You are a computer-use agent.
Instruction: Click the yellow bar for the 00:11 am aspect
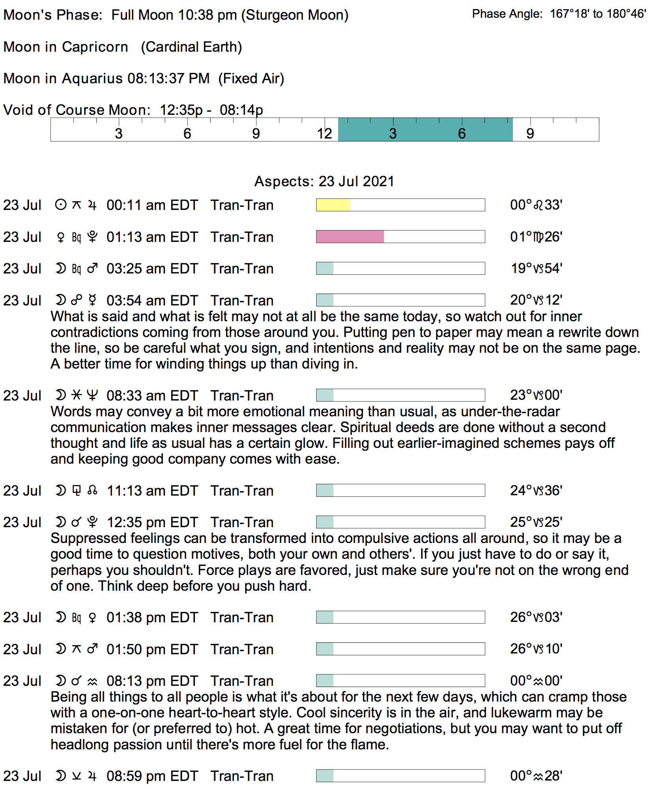click(x=333, y=205)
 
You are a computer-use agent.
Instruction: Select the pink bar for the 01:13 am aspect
click(x=350, y=237)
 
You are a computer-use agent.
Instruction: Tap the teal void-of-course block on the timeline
click(x=425, y=130)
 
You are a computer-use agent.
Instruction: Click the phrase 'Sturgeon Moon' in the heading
click(x=295, y=15)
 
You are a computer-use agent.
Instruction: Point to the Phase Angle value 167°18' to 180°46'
click(x=598, y=14)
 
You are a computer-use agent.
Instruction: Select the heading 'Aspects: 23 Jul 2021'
click(x=324, y=182)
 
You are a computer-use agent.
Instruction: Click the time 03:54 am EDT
click(x=152, y=301)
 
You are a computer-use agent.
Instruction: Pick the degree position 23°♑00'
click(x=536, y=395)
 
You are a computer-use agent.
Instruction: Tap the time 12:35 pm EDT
click(x=152, y=522)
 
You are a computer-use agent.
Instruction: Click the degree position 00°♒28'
click(x=536, y=776)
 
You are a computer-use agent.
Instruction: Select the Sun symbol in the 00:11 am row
click(x=60, y=205)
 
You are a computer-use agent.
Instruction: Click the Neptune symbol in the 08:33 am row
click(x=92, y=395)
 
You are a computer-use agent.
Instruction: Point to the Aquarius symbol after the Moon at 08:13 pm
click(x=92, y=681)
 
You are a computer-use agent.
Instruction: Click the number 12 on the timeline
click(x=324, y=134)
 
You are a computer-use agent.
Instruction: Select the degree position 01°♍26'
click(x=536, y=237)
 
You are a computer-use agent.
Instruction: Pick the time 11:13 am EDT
click(x=152, y=491)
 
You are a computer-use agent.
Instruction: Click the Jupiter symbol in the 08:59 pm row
click(x=92, y=776)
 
